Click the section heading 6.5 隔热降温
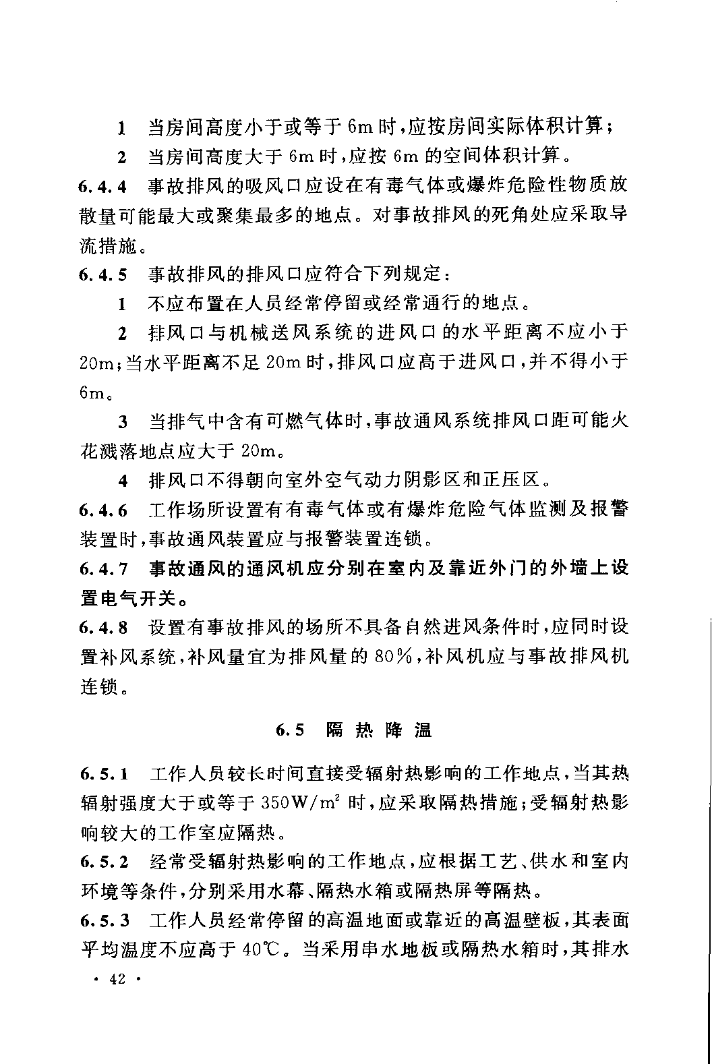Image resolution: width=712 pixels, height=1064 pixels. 355,730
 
